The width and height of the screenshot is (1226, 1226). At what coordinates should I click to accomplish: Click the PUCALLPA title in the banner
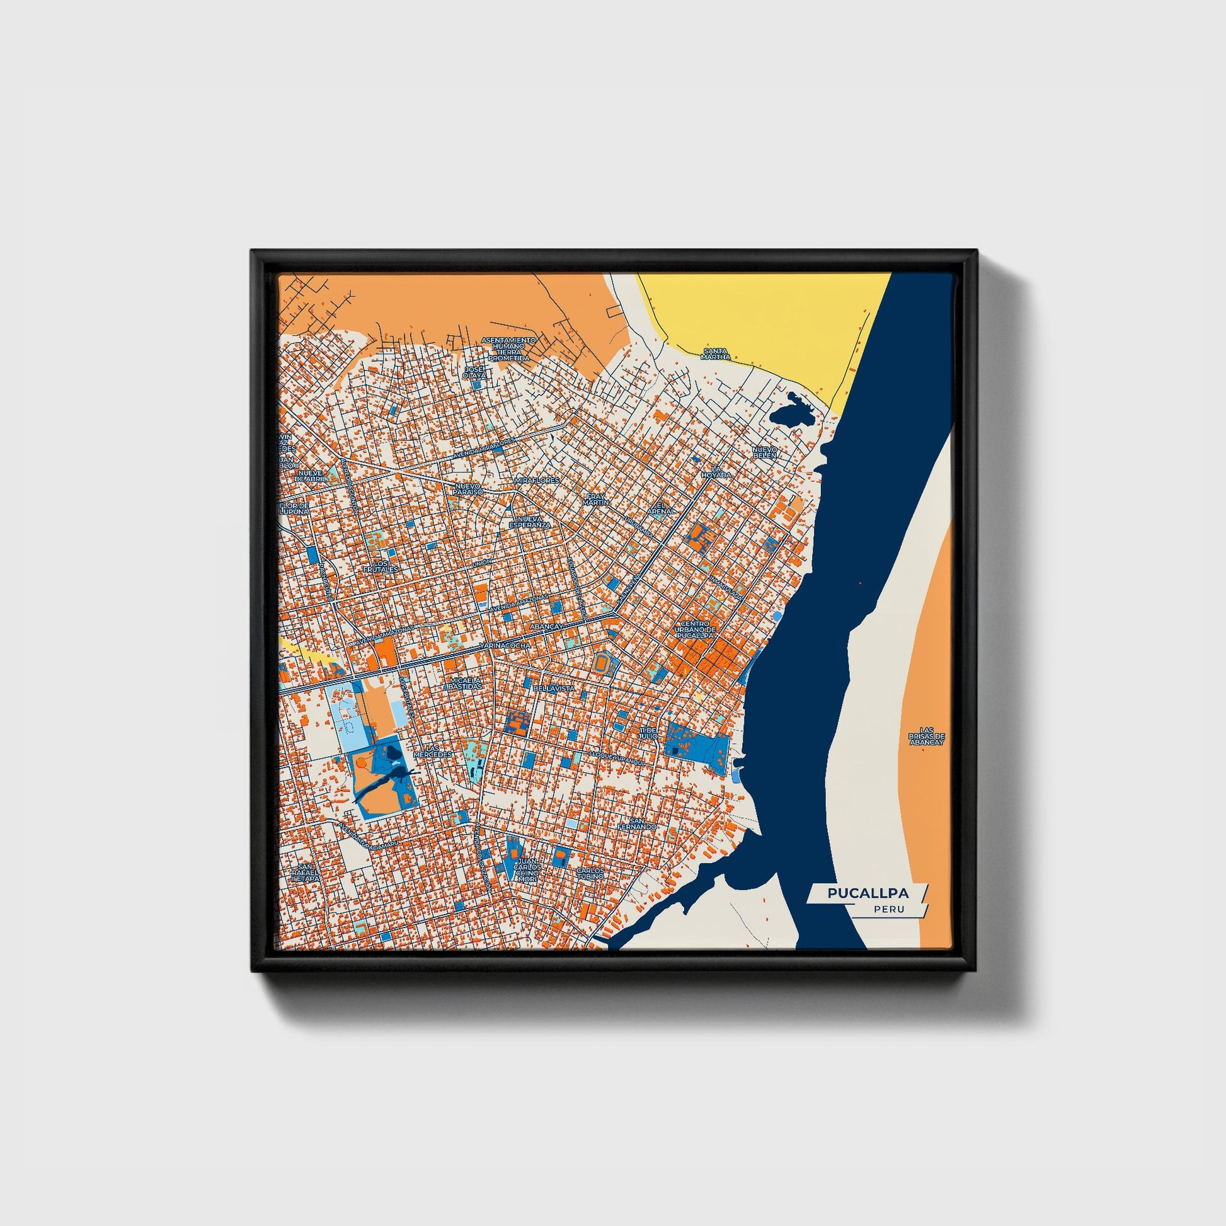click(x=868, y=893)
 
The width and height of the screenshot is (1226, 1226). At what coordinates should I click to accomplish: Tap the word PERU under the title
click(x=888, y=909)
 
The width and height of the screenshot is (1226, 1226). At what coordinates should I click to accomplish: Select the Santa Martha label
click(x=715, y=354)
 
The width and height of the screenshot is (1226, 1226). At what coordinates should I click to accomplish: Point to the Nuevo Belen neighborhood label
click(x=765, y=452)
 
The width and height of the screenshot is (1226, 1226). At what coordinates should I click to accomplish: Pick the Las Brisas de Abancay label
click(x=927, y=736)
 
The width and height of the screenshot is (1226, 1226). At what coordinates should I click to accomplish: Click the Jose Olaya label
click(x=474, y=372)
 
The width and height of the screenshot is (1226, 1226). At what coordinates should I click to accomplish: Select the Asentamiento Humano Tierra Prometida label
click(x=508, y=349)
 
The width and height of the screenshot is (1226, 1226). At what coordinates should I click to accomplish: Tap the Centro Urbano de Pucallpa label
click(x=696, y=629)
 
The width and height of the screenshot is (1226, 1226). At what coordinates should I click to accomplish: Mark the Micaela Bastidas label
click(x=465, y=683)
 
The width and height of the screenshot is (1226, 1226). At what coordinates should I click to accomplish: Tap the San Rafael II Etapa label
click(x=305, y=874)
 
